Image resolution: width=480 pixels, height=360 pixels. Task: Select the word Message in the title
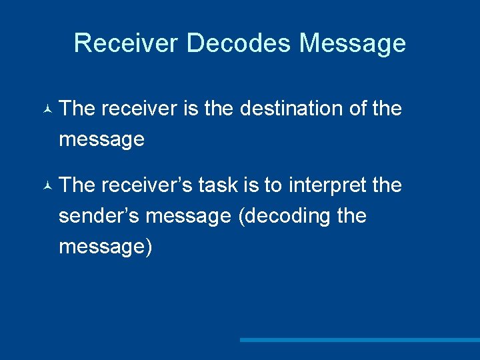[353, 43]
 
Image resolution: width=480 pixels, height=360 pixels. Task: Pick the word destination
[291, 109]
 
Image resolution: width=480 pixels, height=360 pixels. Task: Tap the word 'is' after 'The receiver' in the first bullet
[191, 109]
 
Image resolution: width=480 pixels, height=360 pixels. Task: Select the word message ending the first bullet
[101, 139]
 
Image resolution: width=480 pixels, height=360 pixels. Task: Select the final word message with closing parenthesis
[105, 247]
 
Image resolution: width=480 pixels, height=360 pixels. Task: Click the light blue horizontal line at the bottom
[360, 340]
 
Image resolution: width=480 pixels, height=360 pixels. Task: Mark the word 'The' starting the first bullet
[77, 109]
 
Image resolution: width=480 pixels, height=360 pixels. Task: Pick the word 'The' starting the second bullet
[77, 185]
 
